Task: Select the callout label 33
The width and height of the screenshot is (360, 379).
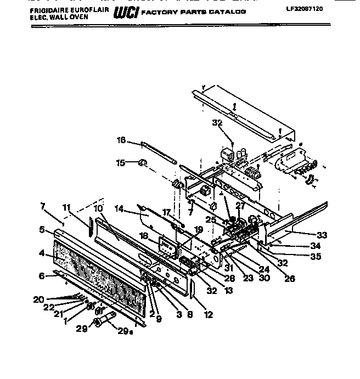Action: [x=322, y=235]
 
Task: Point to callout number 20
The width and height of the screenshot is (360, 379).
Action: [x=37, y=299]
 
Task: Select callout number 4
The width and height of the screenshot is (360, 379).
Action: [x=41, y=253]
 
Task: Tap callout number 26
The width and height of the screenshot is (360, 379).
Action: [x=289, y=279]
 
